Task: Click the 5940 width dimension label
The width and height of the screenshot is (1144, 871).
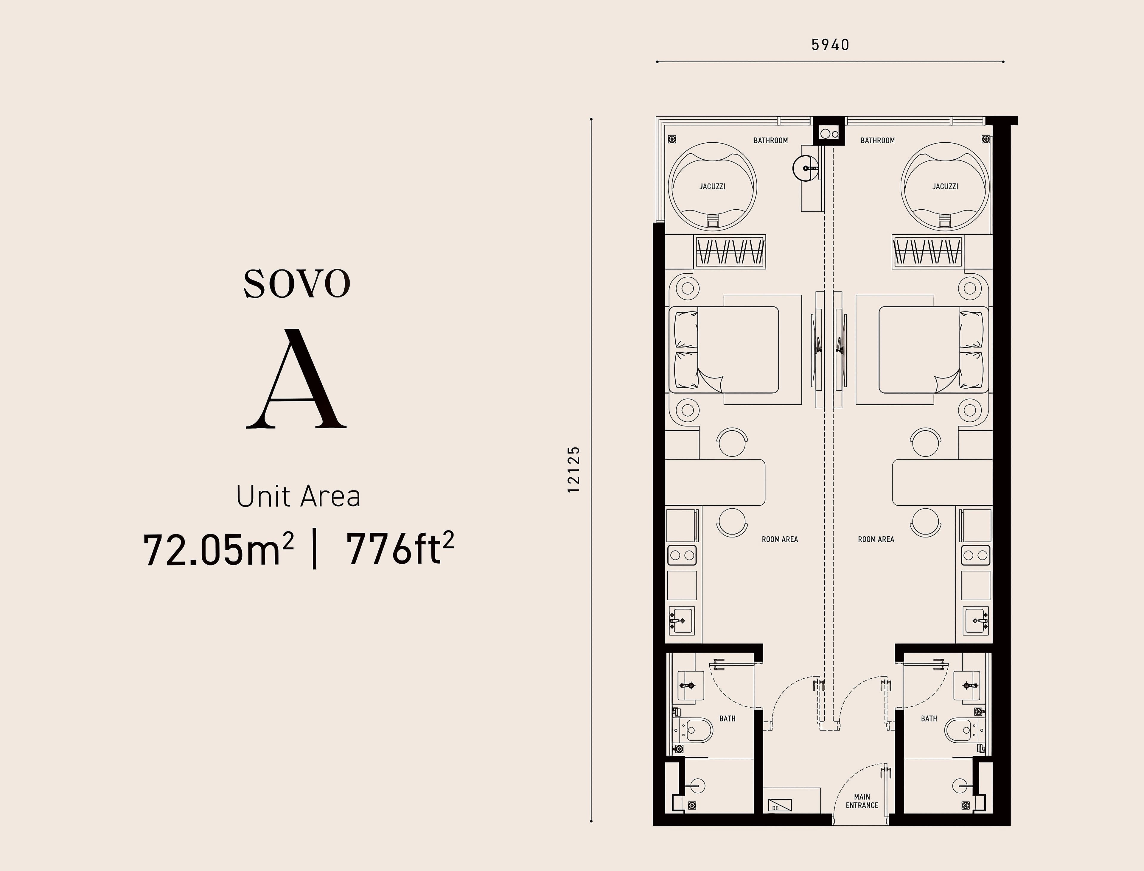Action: (x=830, y=45)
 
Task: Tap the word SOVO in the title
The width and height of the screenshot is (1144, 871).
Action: (x=297, y=283)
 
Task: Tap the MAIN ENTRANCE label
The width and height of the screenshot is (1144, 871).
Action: (x=862, y=801)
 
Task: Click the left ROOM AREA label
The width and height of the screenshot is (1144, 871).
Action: (x=779, y=539)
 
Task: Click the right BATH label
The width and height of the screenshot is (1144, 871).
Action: (x=929, y=719)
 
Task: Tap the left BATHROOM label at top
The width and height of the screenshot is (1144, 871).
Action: (x=771, y=141)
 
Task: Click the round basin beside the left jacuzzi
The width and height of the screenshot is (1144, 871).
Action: (x=805, y=167)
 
